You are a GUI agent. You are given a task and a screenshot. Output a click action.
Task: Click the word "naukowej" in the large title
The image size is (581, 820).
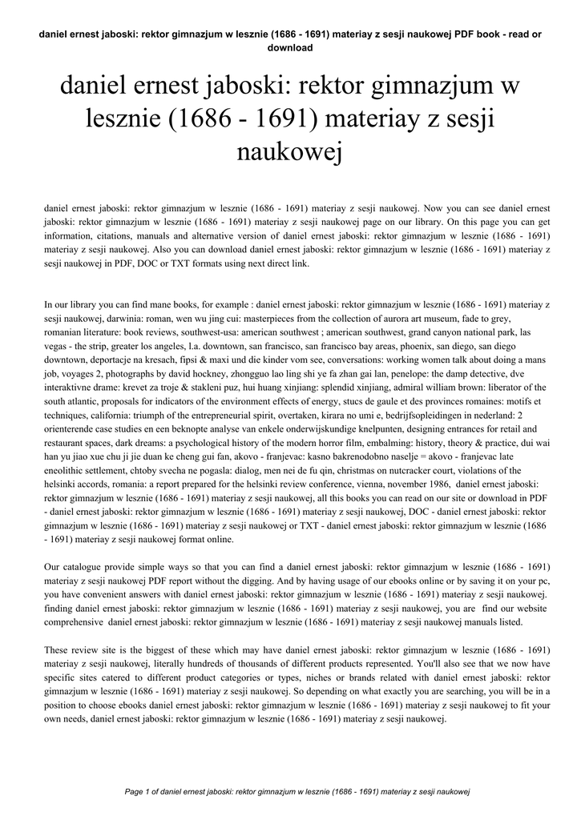tap(290, 151)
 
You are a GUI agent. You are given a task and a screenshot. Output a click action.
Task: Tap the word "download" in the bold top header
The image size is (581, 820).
tap(289, 48)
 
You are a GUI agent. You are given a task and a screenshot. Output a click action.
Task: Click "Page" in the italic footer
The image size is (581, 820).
tap(135, 791)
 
